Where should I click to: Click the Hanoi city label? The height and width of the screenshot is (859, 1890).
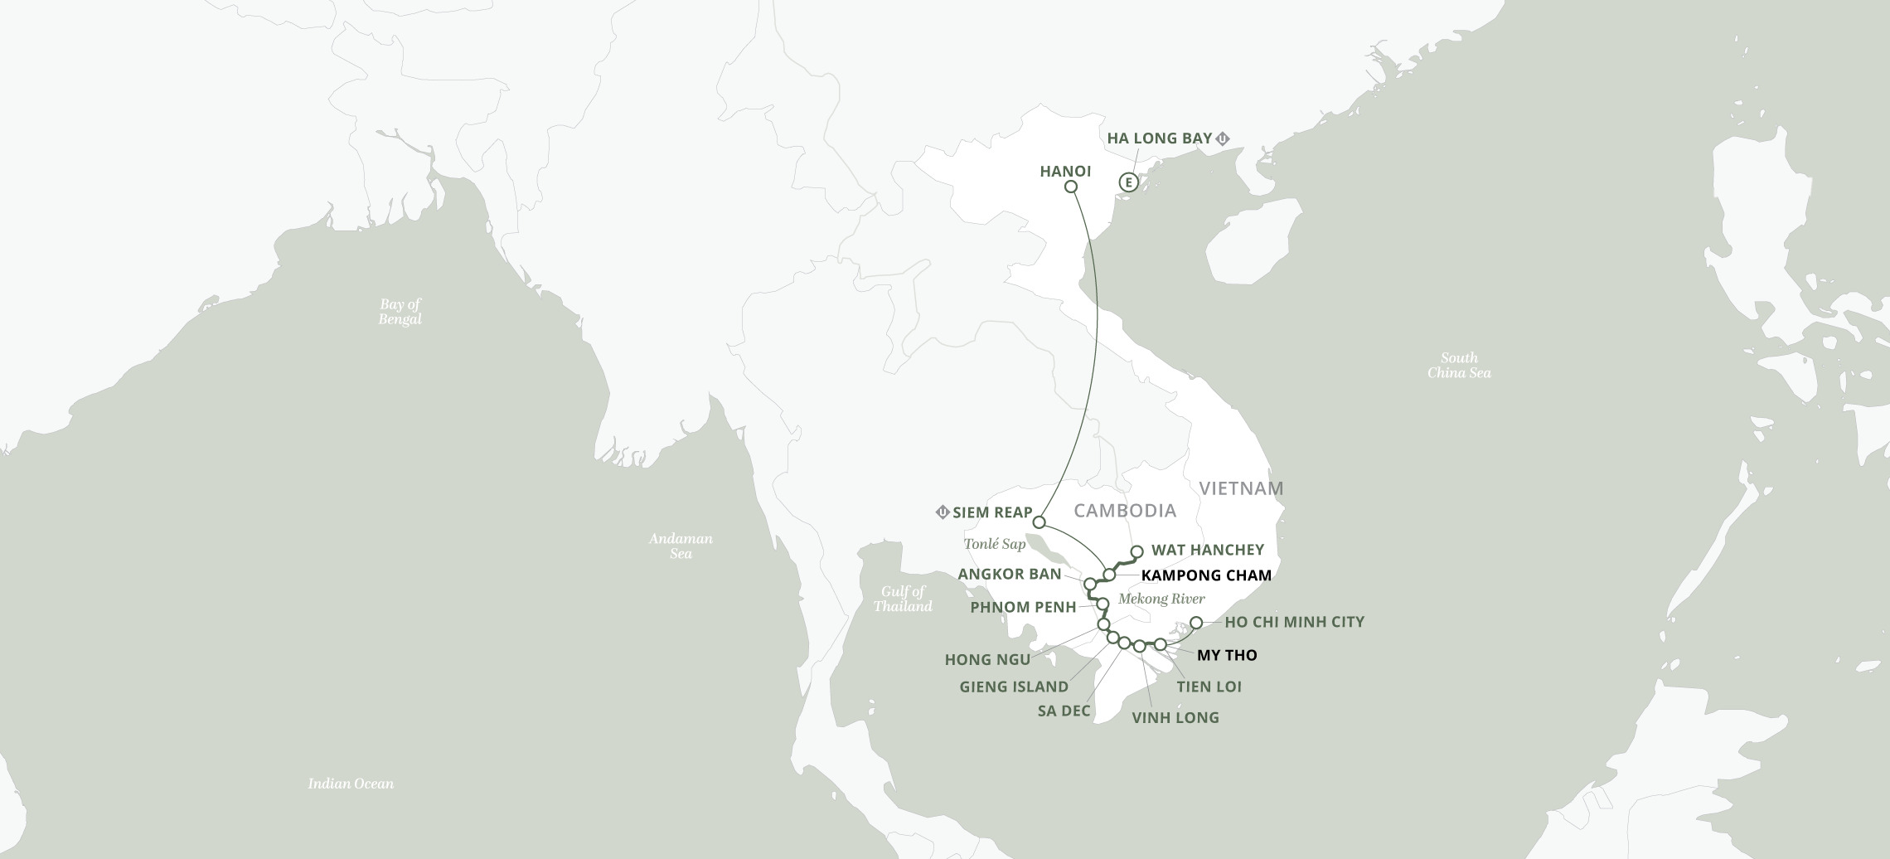1064,172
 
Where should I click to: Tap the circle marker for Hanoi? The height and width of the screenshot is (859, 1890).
1070,187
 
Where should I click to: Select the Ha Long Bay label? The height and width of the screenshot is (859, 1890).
1160,138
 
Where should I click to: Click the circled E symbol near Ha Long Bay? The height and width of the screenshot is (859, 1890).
1127,182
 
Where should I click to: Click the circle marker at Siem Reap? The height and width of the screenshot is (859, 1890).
1039,522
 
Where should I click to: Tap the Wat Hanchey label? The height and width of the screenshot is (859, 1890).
1207,550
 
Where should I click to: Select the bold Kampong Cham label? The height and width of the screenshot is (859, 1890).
1205,575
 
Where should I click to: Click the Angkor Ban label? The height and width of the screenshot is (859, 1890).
1009,575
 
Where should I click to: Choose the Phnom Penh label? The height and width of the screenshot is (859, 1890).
1023,607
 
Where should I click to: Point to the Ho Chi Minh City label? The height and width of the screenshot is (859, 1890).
1294,622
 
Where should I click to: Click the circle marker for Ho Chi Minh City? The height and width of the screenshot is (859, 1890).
1196,623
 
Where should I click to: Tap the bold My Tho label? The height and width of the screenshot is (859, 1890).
1226,655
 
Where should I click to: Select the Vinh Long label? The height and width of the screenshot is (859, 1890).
1175,717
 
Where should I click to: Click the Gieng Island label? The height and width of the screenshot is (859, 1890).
1013,687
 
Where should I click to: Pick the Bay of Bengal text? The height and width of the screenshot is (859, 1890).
400,312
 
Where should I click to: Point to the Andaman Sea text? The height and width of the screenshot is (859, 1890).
680,546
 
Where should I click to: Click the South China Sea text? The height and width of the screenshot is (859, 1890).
1458,366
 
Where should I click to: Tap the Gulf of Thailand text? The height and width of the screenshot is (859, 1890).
902,599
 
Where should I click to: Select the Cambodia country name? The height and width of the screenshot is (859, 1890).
1124,510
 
